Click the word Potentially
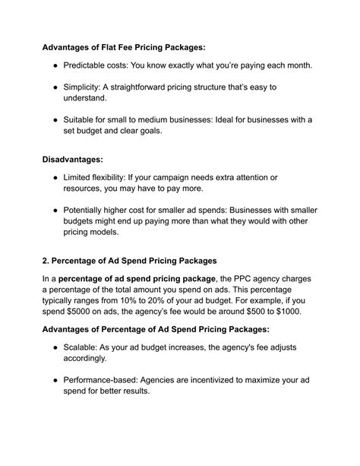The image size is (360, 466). tap(91, 211)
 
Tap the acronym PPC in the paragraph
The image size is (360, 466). tap(255, 279)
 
